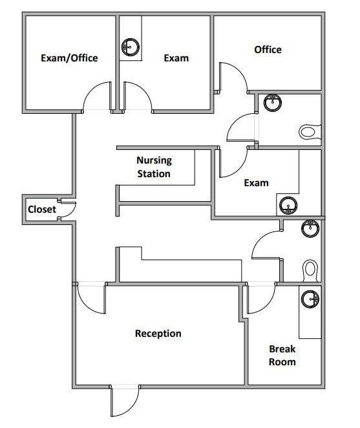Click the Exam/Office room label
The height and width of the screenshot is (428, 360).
point(69,58)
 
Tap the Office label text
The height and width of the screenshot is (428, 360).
point(268,49)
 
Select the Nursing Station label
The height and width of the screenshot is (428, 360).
point(154,167)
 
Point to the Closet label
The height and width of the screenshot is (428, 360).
point(41,209)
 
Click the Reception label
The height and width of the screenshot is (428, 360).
point(158,334)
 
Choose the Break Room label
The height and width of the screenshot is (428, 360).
point(282,356)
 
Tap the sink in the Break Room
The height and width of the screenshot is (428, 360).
point(312,299)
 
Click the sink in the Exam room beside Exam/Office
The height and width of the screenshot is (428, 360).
point(130,46)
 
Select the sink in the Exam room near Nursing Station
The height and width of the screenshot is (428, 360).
point(288,206)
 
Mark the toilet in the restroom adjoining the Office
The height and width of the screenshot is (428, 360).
point(308,132)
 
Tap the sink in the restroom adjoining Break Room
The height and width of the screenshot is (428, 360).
point(311,227)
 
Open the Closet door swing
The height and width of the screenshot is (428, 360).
point(69,210)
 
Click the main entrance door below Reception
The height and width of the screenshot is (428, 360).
point(125,401)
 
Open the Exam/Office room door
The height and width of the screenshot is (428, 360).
point(96,98)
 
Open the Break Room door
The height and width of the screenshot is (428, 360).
point(260,297)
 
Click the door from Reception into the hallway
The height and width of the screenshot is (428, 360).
point(90,298)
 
